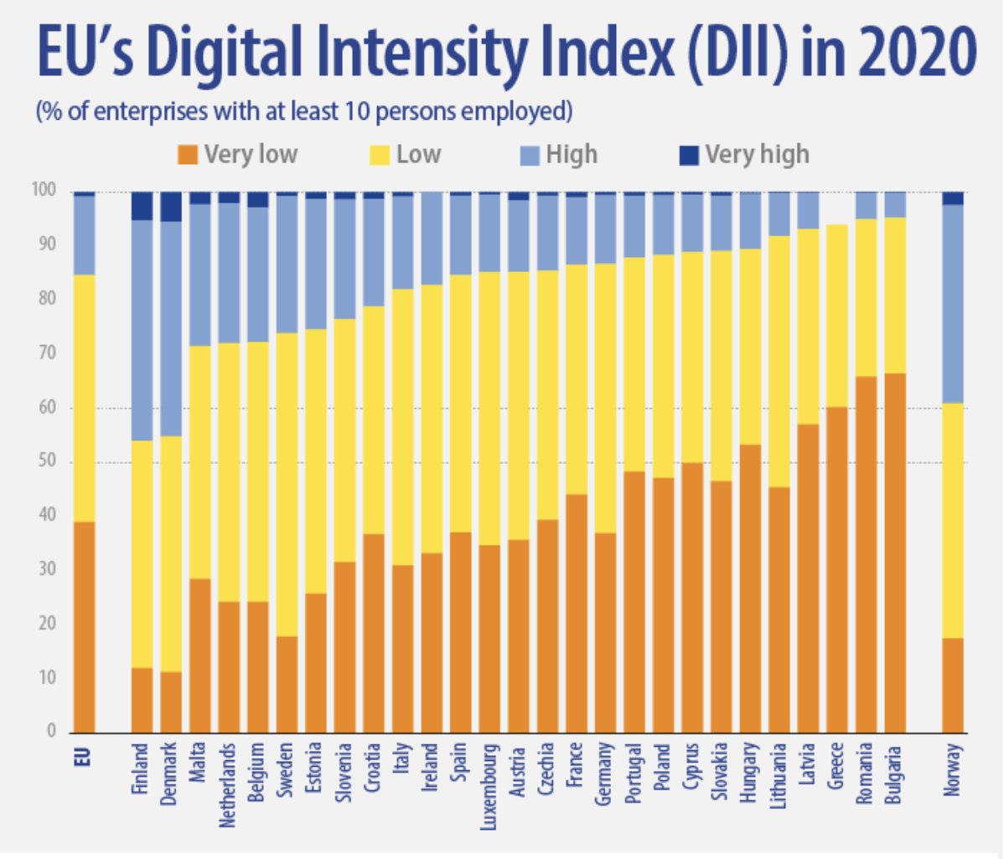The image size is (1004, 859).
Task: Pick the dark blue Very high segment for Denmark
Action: tap(171, 206)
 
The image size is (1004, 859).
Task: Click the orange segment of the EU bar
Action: tap(84, 627)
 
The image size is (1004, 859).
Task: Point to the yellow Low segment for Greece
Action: tap(836, 316)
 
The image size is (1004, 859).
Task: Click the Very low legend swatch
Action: tap(188, 155)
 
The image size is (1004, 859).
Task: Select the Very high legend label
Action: tap(757, 155)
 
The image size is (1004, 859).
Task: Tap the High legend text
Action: tap(572, 155)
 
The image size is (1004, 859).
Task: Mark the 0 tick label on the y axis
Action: tap(50, 732)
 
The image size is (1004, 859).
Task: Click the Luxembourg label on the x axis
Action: tap(489, 788)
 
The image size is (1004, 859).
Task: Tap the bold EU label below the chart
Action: tap(83, 756)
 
